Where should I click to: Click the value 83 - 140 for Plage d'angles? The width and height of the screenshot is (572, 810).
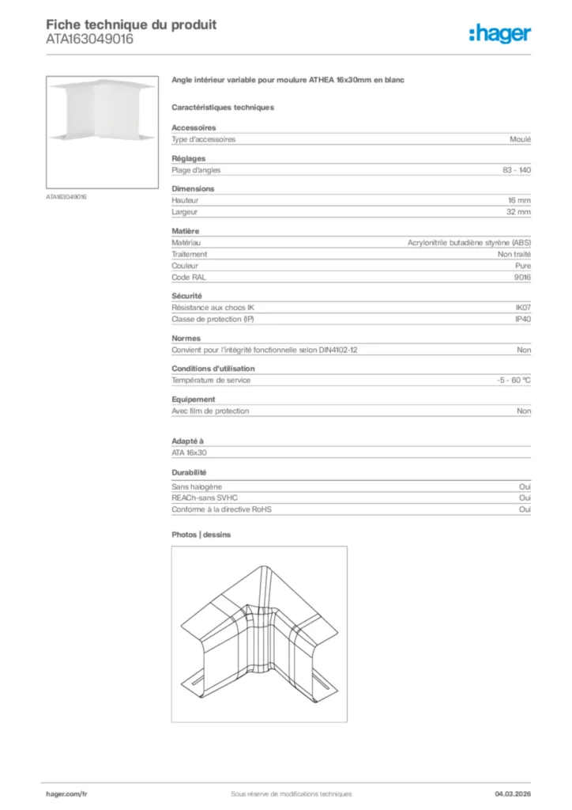click(x=516, y=170)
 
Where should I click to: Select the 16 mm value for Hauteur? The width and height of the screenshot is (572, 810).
click(x=519, y=201)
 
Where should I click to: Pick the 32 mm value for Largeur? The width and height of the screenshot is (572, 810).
click(x=519, y=212)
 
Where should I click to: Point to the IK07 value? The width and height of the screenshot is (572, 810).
click(x=523, y=307)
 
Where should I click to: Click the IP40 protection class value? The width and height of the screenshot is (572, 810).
click(x=523, y=319)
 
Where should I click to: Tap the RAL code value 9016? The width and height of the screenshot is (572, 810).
click(x=523, y=277)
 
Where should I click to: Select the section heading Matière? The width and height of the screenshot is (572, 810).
click(x=186, y=231)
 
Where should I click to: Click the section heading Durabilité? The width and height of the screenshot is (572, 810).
click(x=190, y=472)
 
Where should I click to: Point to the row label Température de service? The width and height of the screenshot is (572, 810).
click(x=211, y=380)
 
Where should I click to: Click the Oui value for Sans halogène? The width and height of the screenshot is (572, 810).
click(x=525, y=487)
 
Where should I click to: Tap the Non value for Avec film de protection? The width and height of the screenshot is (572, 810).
click(x=524, y=411)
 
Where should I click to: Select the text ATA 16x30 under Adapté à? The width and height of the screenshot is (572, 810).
click(x=190, y=452)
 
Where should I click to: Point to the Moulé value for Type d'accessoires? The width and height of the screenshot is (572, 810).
click(x=521, y=139)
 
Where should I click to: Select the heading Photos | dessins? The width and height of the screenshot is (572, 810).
click(x=201, y=535)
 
